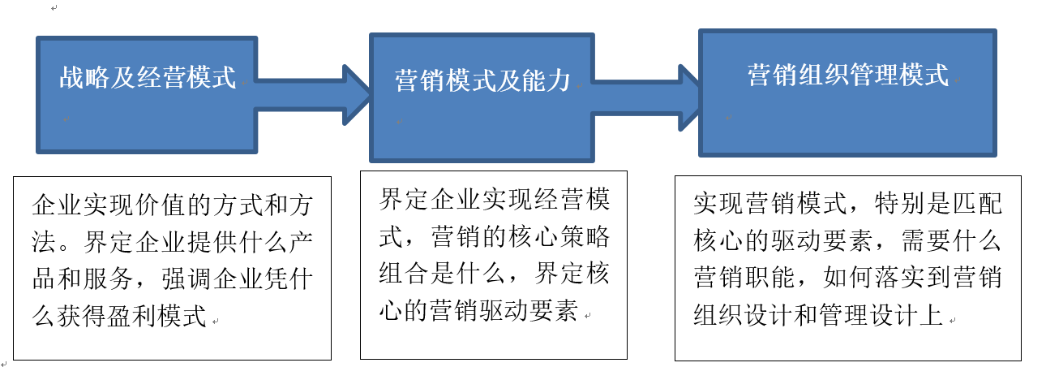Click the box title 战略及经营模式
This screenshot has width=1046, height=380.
(x=148, y=78)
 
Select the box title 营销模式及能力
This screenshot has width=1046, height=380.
(x=482, y=80)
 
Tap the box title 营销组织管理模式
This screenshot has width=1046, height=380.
(x=847, y=76)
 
